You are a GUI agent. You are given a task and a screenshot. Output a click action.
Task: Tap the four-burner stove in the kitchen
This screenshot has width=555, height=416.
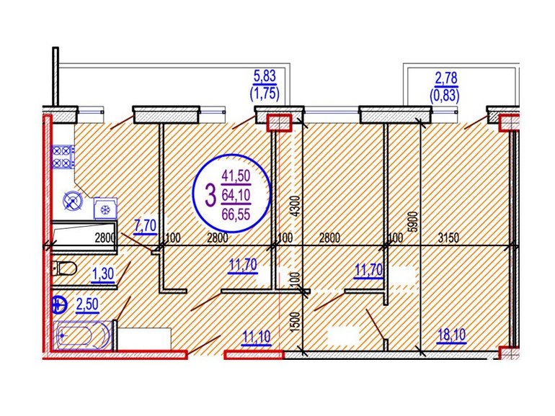pyautogui.click(x=63, y=157)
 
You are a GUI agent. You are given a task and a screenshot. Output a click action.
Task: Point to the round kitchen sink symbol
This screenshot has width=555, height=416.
pyautogui.click(x=73, y=201)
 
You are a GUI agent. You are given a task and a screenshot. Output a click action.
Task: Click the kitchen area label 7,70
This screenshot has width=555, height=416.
pyautogui.click(x=145, y=225)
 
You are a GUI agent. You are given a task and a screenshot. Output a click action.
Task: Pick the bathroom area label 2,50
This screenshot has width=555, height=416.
pyautogui.click(x=87, y=305)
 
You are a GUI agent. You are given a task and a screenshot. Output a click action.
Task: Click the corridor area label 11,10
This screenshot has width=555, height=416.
pyautogui.click(x=257, y=337)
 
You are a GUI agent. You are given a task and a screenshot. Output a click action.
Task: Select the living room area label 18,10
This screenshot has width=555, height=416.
pyautogui.click(x=451, y=335)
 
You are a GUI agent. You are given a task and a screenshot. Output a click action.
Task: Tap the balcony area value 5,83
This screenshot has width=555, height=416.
pyautogui.click(x=265, y=76)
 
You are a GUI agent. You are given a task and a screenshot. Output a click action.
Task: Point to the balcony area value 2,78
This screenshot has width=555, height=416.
pyautogui.click(x=446, y=78)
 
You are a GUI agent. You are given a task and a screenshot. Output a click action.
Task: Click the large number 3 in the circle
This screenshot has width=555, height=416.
pyautogui.click(x=210, y=195)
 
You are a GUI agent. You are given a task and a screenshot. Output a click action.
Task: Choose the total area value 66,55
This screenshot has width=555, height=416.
pyautogui.click(x=236, y=214)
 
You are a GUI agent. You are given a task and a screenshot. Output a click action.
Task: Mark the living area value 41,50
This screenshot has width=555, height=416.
pyautogui.click(x=236, y=176)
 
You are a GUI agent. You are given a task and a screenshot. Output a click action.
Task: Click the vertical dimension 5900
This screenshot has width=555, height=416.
pyautogui.click(x=413, y=222)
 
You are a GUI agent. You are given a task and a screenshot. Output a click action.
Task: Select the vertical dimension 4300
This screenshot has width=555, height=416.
pyautogui.click(x=297, y=206)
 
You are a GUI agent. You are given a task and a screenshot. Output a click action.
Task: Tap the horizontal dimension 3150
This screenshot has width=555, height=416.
pyautogui.click(x=448, y=238)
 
